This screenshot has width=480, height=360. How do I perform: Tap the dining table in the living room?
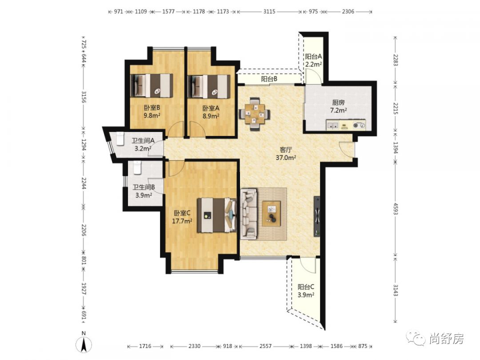pos(254,114)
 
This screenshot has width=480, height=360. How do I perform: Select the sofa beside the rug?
pos(249,214)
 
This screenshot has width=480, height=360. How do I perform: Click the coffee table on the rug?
pos(271,213)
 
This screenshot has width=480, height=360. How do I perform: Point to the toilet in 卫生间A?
pos(120,138)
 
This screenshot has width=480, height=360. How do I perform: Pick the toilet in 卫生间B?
pos(137,168)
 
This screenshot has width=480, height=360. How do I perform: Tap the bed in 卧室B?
pos(152,86)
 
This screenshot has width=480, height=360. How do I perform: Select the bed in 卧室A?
pos(209,86)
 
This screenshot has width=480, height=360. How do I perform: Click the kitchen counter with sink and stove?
pos(346,125)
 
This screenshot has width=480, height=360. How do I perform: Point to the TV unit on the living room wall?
pos(317,216)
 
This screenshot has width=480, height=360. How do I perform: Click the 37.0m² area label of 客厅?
pos(286,158)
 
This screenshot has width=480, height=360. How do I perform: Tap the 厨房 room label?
pos(338,103)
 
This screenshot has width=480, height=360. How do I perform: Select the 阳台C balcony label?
pos(306,287)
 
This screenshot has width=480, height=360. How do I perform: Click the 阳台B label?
pos(269,79)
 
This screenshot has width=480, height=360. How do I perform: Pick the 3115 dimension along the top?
pos(269,12)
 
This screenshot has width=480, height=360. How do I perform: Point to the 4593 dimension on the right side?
pos(395,209)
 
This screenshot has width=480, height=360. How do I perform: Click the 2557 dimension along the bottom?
pos(265,346)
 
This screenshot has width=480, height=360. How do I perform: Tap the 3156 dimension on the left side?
pos(84,97)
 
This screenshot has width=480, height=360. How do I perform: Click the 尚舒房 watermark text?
pos(447,339)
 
